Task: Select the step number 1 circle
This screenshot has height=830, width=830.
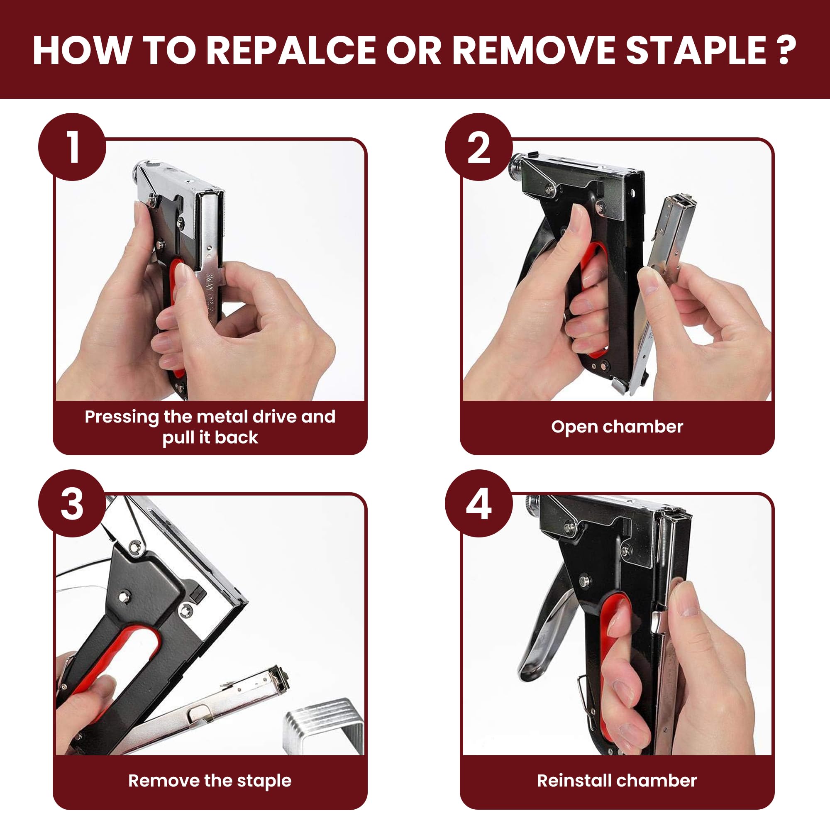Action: click(x=72, y=147)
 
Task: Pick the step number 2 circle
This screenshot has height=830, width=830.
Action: click(x=478, y=147)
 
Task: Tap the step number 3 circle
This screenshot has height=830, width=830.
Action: click(x=72, y=503)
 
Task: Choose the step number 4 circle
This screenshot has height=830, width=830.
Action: click(x=478, y=503)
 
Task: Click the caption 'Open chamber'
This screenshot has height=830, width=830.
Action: click(x=617, y=427)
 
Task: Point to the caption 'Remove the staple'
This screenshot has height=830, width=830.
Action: click(x=210, y=781)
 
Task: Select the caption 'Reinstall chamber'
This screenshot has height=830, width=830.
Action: click(x=617, y=781)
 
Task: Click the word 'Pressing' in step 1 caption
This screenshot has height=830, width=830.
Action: click(x=122, y=417)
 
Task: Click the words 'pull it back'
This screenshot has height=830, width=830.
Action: click(x=210, y=437)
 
